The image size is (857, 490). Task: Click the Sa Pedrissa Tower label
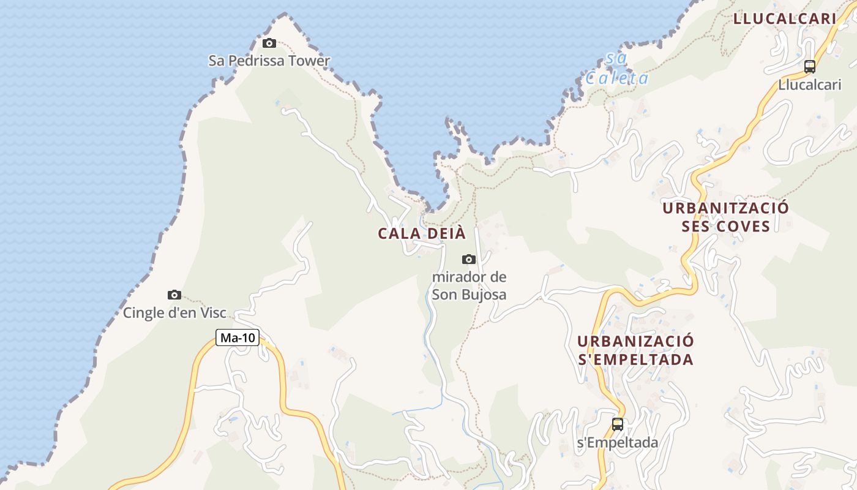269,61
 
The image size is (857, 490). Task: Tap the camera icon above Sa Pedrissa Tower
269,43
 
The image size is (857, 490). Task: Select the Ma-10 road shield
238,337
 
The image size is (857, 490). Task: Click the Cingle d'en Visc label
174,313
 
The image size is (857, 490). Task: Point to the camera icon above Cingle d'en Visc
174,295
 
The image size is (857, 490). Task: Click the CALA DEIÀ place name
422,233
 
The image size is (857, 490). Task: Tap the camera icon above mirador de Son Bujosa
469,259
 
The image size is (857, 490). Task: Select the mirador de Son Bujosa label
469,285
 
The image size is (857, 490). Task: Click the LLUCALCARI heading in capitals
785,18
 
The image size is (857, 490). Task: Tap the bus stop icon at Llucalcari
810,67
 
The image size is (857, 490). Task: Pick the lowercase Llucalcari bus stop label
810,85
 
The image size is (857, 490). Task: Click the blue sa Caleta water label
616,69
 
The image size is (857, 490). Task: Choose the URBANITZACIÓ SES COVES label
725,217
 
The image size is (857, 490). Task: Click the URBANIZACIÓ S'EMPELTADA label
635,350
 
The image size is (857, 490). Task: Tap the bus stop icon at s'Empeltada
618,424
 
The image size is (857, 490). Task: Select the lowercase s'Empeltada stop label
618,442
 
